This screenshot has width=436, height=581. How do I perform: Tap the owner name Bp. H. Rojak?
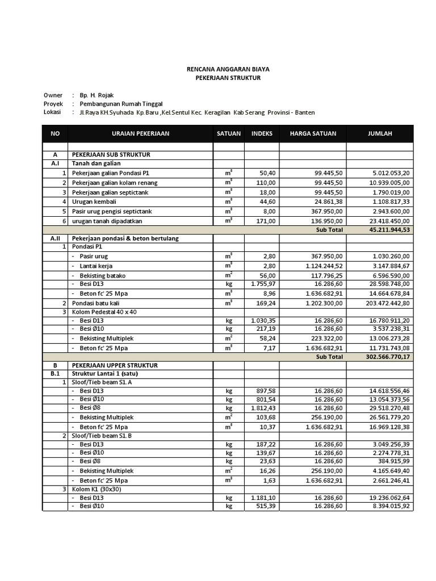click(x=100, y=95)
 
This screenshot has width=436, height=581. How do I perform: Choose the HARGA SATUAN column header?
click(x=313, y=134)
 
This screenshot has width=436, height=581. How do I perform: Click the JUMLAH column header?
click(x=380, y=134)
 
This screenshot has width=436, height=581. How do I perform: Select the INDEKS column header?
click(x=262, y=134)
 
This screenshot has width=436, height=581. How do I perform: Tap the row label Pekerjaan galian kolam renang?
click(x=114, y=183)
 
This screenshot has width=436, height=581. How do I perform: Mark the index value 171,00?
click(x=265, y=221)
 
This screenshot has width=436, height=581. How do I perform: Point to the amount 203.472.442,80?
click(x=383, y=303)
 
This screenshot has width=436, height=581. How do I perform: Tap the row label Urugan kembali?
click(x=94, y=201)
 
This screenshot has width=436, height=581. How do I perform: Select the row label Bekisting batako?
click(x=102, y=276)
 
